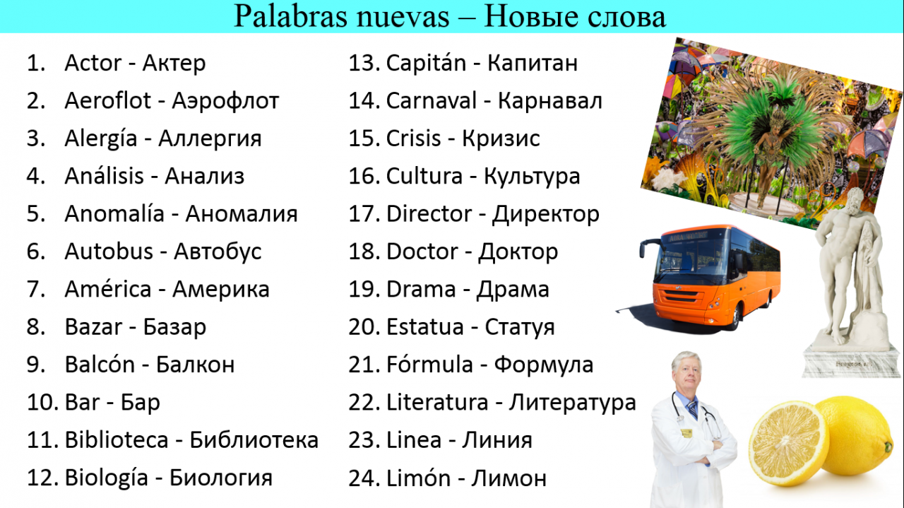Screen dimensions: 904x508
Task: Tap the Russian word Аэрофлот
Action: (225, 100)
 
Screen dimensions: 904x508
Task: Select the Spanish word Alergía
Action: (101, 138)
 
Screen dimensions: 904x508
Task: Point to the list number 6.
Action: (36, 251)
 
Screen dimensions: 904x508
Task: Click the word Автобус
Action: (218, 252)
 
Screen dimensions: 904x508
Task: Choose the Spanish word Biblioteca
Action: (117, 439)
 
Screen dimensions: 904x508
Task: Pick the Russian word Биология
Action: (221, 478)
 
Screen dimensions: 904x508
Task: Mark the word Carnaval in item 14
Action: (432, 100)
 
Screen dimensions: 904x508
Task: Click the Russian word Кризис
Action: (501, 138)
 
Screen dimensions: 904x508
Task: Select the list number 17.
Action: (364, 213)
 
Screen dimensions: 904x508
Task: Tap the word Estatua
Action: (425, 326)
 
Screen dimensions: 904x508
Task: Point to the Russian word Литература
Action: (572, 403)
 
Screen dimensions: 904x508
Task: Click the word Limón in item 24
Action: (419, 478)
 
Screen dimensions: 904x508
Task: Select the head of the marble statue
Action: (851, 202)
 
